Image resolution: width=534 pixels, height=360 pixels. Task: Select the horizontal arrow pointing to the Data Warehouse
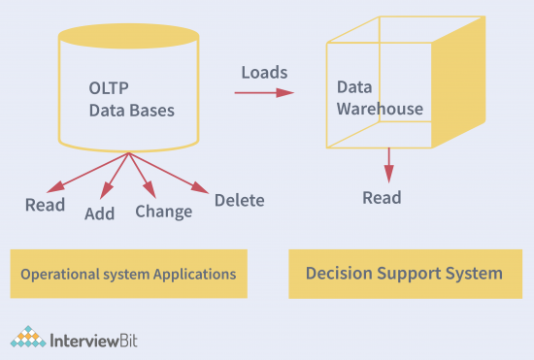[x=263, y=93]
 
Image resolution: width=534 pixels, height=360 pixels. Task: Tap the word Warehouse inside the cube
[x=380, y=109]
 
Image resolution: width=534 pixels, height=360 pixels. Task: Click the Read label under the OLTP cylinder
[x=45, y=205]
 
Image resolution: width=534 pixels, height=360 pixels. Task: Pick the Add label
[x=99, y=212]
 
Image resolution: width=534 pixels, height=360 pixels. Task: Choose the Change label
[x=163, y=211]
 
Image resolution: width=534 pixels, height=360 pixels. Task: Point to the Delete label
[x=239, y=200]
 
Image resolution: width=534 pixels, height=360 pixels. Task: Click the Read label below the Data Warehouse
[x=382, y=198]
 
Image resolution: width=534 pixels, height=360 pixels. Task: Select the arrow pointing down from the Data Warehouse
[x=388, y=165]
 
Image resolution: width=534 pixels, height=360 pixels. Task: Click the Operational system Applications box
[x=128, y=274]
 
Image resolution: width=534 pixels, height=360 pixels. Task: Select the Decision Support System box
[x=404, y=274]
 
